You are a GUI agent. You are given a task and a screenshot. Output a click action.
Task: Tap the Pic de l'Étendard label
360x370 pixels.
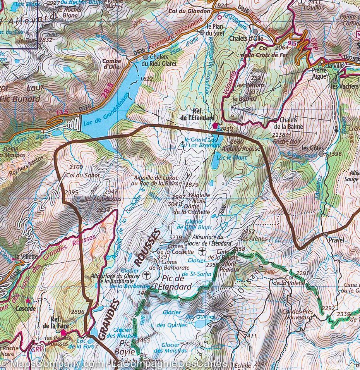click(x=173, y=283)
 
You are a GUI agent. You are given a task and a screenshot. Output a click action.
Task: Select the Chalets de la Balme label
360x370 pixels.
click(x=288, y=123)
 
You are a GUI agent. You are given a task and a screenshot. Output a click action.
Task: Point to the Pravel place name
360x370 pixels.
click(x=336, y=240)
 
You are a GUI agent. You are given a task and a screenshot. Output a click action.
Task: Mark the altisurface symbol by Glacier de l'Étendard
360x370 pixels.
click(x=202, y=252)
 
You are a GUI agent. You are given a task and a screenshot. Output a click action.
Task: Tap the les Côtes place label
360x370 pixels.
click(x=311, y=148)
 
